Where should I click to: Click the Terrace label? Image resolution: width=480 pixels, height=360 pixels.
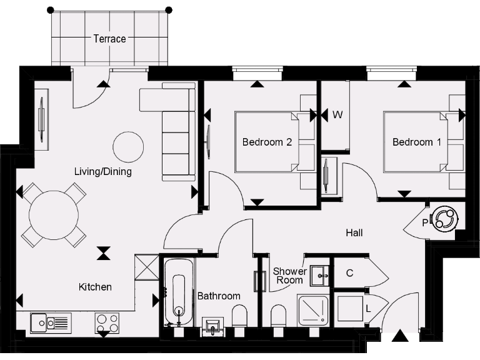pos(109,39)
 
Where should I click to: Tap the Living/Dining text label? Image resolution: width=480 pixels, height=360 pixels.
pos(103,171)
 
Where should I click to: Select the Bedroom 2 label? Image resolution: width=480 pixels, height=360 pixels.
pos(267,142)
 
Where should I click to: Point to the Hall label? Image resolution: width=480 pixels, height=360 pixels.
pos(354,233)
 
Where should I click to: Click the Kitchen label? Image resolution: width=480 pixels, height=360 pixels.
pos(95,287)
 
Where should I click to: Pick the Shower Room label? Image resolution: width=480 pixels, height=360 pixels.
pos(290,276)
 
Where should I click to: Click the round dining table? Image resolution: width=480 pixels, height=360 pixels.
pos(54,215)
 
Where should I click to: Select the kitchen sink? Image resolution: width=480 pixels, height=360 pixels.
pos(51,322)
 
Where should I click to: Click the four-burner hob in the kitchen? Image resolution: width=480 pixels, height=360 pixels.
pos(107,322)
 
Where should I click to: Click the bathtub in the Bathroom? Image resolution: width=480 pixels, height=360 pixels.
pos(179,292)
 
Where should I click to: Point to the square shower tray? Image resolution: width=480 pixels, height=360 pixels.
pos(313,309)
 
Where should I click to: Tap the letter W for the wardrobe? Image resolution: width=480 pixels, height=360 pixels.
pos(337,115)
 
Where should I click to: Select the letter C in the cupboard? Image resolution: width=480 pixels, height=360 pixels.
pos(350,272)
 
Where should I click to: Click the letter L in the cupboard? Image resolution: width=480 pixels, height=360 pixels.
pos(368,309)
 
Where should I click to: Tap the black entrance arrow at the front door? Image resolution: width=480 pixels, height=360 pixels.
pos(399,337)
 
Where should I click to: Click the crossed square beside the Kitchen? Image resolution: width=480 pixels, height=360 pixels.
pos(147,267)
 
